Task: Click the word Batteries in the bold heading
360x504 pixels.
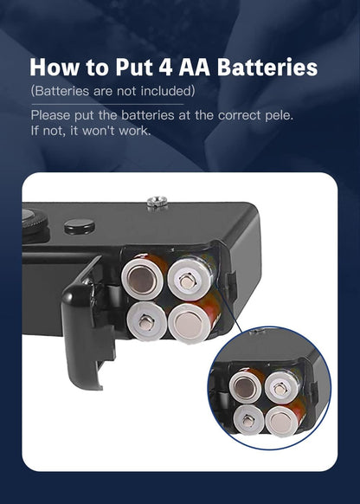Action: (267, 68)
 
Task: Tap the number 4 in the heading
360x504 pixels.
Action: (165, 68)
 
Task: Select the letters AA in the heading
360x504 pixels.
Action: (195, 68)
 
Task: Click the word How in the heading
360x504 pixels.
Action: (55, 68)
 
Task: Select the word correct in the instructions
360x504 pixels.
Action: (240, 115)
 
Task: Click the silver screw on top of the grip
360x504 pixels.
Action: (157, 203)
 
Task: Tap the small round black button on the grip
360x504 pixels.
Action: (80, 227)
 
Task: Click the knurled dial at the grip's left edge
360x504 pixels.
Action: (34, 223)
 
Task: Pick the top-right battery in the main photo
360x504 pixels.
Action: (190, 277)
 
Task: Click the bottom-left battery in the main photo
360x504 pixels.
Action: (147, 320)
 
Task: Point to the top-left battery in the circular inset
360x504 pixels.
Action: (247, 385)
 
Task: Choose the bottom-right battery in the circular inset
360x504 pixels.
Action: (283, 419)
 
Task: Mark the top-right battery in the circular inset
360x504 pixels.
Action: (281, 387)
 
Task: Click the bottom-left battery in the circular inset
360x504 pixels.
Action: (248, 419)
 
